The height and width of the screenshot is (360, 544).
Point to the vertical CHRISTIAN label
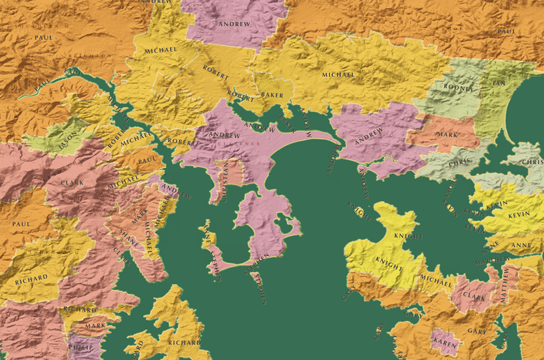coord(225,182)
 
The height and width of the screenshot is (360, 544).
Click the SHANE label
coord(129,238)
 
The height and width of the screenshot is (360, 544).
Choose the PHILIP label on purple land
coord(80,347)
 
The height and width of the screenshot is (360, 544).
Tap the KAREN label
coord(445,341)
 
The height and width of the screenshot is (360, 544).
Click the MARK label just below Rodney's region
coord(447,135)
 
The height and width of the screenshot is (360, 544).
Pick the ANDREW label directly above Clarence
coord(224,135)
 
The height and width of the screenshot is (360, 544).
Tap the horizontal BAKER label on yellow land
coord(272,95)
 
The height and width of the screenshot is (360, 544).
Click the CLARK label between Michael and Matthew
coord(475,298)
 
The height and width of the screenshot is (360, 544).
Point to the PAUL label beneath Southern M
coord(44,37)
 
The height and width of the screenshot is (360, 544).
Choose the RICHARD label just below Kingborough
coord(31,279)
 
